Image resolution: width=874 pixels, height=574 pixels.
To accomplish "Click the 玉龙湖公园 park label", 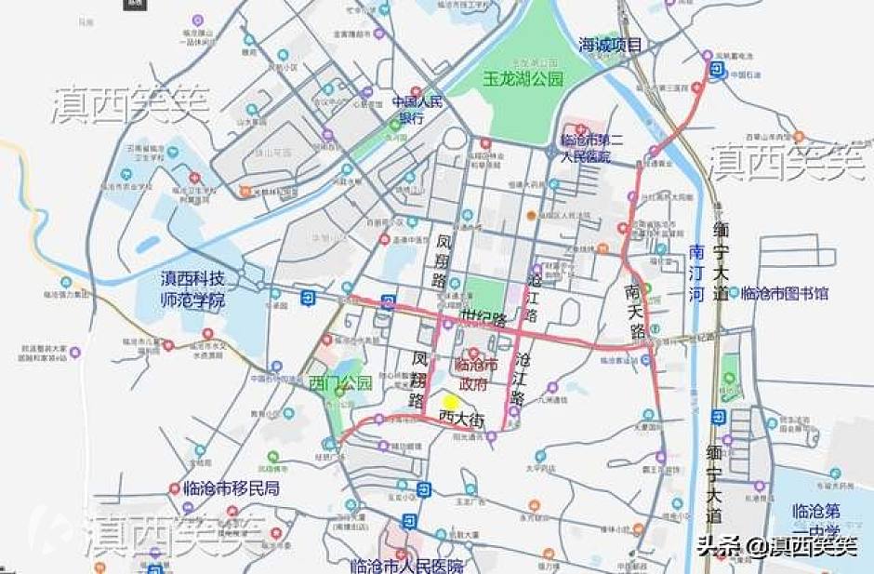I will coord(523,80).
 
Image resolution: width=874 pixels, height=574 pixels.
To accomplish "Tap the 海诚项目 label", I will coord(610,45).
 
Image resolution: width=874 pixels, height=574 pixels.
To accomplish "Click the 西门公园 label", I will coord(340,382).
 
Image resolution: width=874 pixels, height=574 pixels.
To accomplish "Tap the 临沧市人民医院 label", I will coord(406,565).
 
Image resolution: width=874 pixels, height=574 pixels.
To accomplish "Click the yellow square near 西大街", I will coord(450,402).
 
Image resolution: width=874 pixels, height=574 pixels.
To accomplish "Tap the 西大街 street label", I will coord(462,419).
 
